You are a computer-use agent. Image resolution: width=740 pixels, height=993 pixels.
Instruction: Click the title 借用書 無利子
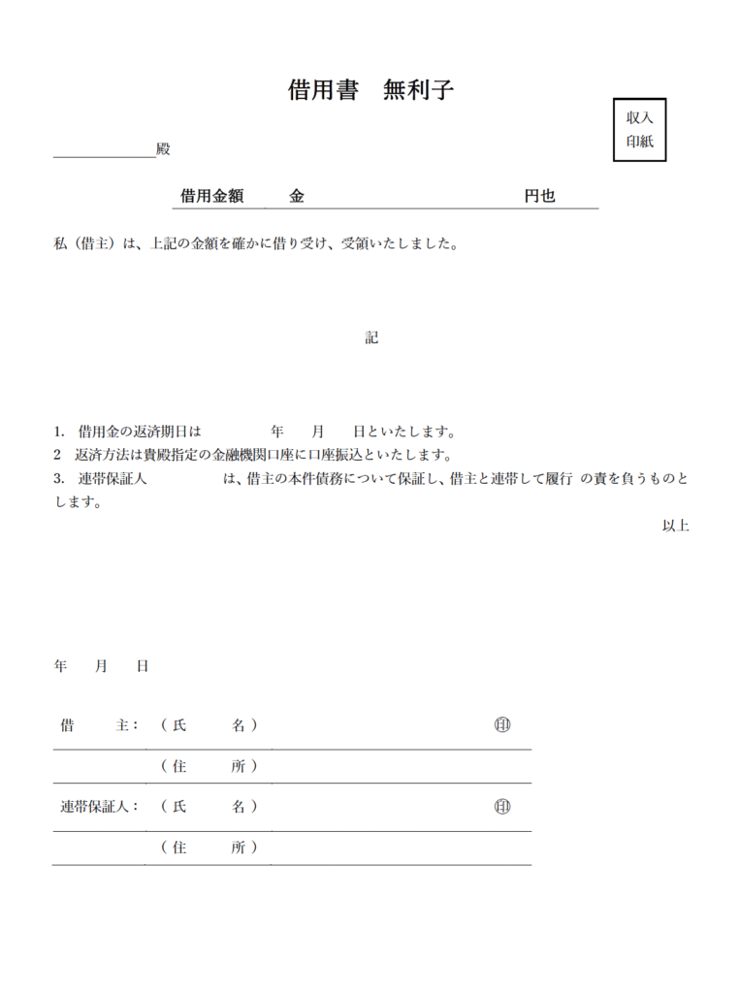[x=370, y=90]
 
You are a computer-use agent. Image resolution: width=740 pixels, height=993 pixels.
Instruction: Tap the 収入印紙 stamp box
[x=639, y=130]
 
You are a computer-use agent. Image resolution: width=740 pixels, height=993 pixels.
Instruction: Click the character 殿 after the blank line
[x=163, y=149]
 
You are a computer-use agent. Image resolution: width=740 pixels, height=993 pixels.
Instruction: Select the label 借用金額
[x=211, y=196]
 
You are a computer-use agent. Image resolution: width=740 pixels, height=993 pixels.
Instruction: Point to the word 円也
[x=539, y=196]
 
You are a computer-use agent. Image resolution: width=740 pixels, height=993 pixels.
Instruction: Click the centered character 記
[x=371, y=337]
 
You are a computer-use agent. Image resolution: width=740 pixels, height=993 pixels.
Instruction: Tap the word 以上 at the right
[x=675, y=526]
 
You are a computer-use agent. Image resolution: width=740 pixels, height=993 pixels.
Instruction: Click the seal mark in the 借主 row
[x=501, y=724]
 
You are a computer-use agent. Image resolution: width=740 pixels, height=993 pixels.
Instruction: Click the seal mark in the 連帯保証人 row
[x=501, y=806]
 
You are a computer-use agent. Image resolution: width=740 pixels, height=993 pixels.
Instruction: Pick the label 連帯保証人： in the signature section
[x=99, y=806]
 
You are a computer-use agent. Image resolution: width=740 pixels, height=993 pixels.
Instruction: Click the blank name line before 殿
[x=104, y=150]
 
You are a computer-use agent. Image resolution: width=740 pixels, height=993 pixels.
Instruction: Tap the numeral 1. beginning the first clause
[x=59, y=431]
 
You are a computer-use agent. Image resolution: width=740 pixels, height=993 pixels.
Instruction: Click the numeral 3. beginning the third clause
[x=59, y=479]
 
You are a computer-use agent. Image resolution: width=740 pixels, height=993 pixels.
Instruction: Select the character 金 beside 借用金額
[x=296, y=196]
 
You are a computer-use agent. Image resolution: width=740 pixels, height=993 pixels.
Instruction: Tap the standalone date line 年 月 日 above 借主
[x=101, y=666]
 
